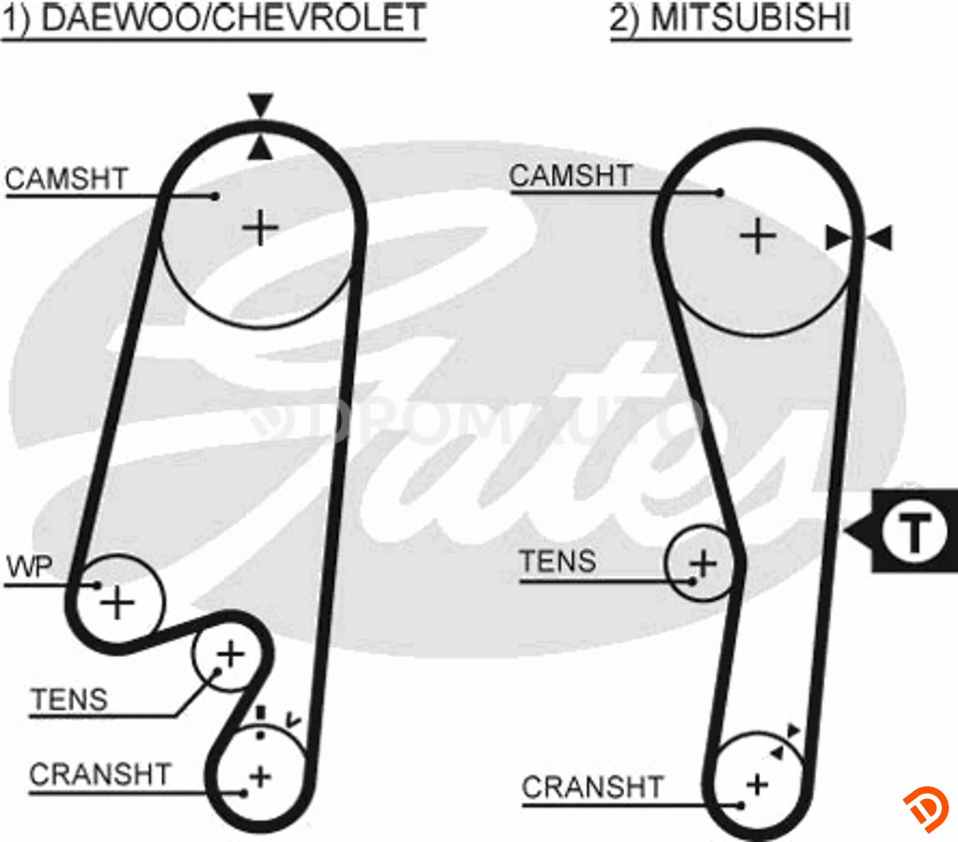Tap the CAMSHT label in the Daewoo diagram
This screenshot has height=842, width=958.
(x=66, y=179)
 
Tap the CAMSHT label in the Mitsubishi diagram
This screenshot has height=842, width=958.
(x=571, y=175)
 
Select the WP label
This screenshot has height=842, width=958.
(x=30, y=567)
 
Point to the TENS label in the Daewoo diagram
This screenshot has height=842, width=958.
(x=70, y=700)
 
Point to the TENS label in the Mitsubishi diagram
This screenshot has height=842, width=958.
(x=558, y=561)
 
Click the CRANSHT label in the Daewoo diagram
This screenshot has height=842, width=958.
(x=100, y=774)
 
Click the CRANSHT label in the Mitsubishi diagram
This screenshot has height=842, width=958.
(x=592, y=787)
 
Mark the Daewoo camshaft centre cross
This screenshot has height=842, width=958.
(x=261, y=227)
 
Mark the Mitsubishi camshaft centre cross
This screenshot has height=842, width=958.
(x=758, y=236)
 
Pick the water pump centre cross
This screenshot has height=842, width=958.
(x=117, y=602)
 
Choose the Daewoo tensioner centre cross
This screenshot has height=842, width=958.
(x=231, y=655)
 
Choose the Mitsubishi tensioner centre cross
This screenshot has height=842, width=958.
(x=703, y=563)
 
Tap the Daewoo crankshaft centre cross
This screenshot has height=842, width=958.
(x=261, y=777)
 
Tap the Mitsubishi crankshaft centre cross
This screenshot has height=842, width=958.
(x=757, y=785)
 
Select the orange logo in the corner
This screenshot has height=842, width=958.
(x=926, y=809)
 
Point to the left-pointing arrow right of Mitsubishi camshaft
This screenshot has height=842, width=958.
(x=878, y=238)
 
